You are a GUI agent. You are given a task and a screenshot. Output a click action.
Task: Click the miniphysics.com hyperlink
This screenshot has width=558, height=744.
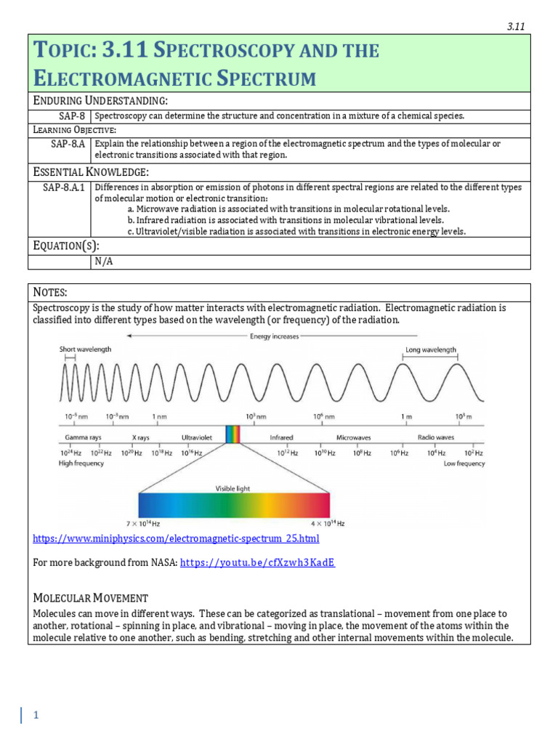click(x=176, y=538)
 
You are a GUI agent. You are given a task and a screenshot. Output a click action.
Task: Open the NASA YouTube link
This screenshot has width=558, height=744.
click(x=257, y=562)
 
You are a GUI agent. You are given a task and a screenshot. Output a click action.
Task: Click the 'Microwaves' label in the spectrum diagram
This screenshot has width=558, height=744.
click(x=354, y=438)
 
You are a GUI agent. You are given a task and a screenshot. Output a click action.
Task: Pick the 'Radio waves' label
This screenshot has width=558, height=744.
click(x=435, y=438)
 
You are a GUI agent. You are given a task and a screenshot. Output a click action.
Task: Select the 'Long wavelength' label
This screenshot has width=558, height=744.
click(x=431, y=349)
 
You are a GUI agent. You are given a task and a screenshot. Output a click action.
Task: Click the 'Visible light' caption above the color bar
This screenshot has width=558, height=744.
click(x=233, y=488)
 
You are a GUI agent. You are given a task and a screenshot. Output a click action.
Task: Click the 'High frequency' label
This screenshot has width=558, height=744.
click(x=81, y=464)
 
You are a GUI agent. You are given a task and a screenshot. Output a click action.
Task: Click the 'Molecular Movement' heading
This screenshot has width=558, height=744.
click(x=91, y=598)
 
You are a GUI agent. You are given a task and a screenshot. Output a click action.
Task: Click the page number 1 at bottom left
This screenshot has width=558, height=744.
click(x=35, y=716)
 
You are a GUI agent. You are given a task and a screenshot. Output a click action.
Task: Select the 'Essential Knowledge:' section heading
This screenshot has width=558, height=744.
click(x=91, y=171)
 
